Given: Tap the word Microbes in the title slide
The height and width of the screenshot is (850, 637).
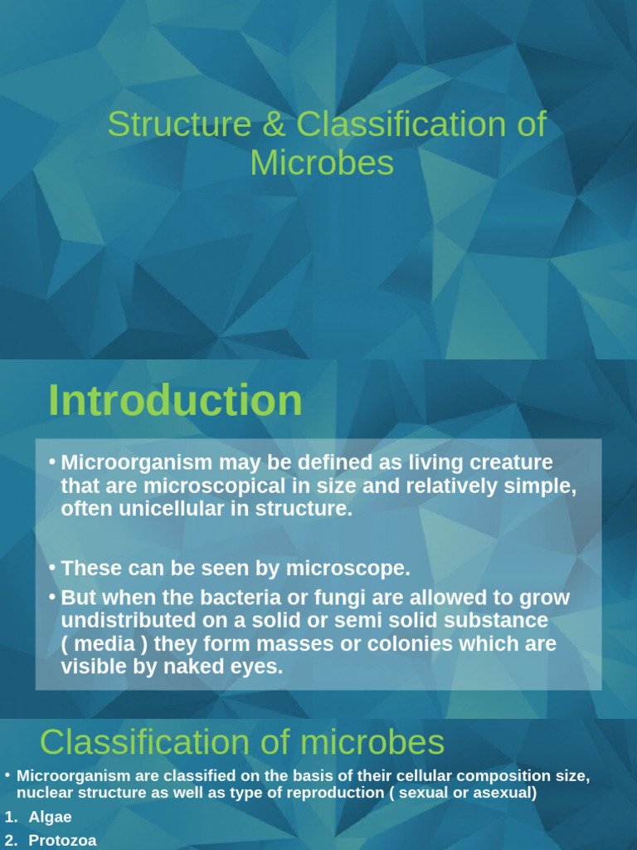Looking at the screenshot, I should pyautogui.click(x=322, y=164).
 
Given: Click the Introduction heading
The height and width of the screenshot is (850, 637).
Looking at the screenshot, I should pyautogui.click(x=175, y=401).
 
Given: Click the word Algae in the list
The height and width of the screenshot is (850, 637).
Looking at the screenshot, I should pyautogui.click(x=50, y=818).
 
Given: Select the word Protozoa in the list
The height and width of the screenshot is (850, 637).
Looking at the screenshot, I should pyautogui.click(x=62, y=840).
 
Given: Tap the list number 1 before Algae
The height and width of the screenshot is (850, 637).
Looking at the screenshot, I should pyautogui.click(x=10, y=818).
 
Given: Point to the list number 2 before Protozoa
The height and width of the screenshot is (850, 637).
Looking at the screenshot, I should pyautogui.click(x=10, y=840).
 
